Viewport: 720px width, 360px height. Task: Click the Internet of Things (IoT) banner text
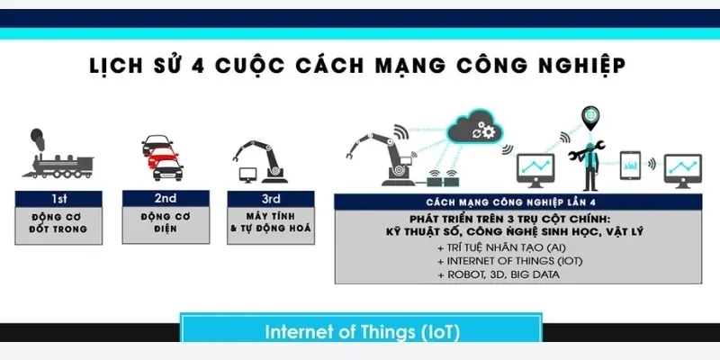pos(362,331)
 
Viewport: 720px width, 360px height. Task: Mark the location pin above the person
pos(589,115)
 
